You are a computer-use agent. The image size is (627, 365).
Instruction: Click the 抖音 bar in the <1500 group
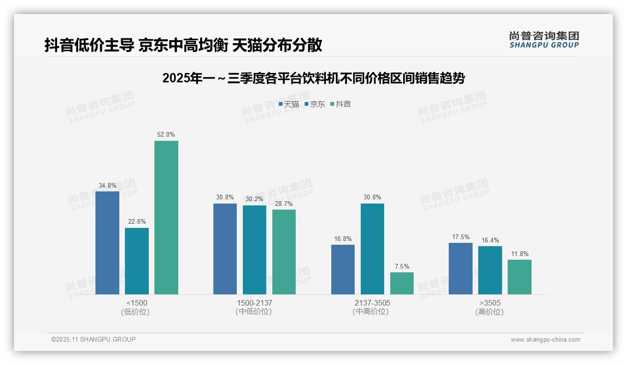(166, 218)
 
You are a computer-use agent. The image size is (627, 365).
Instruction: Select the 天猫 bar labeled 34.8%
(107, 243)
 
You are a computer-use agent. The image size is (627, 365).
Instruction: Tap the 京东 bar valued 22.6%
(137, 261)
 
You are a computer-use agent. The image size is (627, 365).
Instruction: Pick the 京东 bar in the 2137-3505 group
(372, 249)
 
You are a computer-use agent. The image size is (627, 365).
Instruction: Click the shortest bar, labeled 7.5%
(401, 283)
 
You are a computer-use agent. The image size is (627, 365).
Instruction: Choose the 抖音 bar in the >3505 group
(519, 277)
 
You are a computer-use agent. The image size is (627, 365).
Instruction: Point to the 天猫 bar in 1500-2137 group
(225, 249)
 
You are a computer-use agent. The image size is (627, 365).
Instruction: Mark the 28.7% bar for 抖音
(284, 252)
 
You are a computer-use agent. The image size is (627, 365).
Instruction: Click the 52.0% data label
(166, 135)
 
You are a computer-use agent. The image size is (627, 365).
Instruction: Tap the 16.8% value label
(343, 239)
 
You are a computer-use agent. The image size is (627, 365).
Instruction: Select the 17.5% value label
(460, 237)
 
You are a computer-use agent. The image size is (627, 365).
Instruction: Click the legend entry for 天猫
(289, 104)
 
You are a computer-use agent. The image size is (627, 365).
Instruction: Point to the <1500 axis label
(137, 303)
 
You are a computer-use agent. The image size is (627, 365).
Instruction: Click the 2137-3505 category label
(372, 303)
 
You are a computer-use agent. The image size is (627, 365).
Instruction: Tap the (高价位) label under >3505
(489, 312)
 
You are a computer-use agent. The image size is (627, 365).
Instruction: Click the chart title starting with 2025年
(313, 78)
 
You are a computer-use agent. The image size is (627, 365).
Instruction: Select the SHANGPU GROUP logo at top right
(544, 39)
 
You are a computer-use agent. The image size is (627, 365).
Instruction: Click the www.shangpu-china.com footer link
(545, 340)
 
